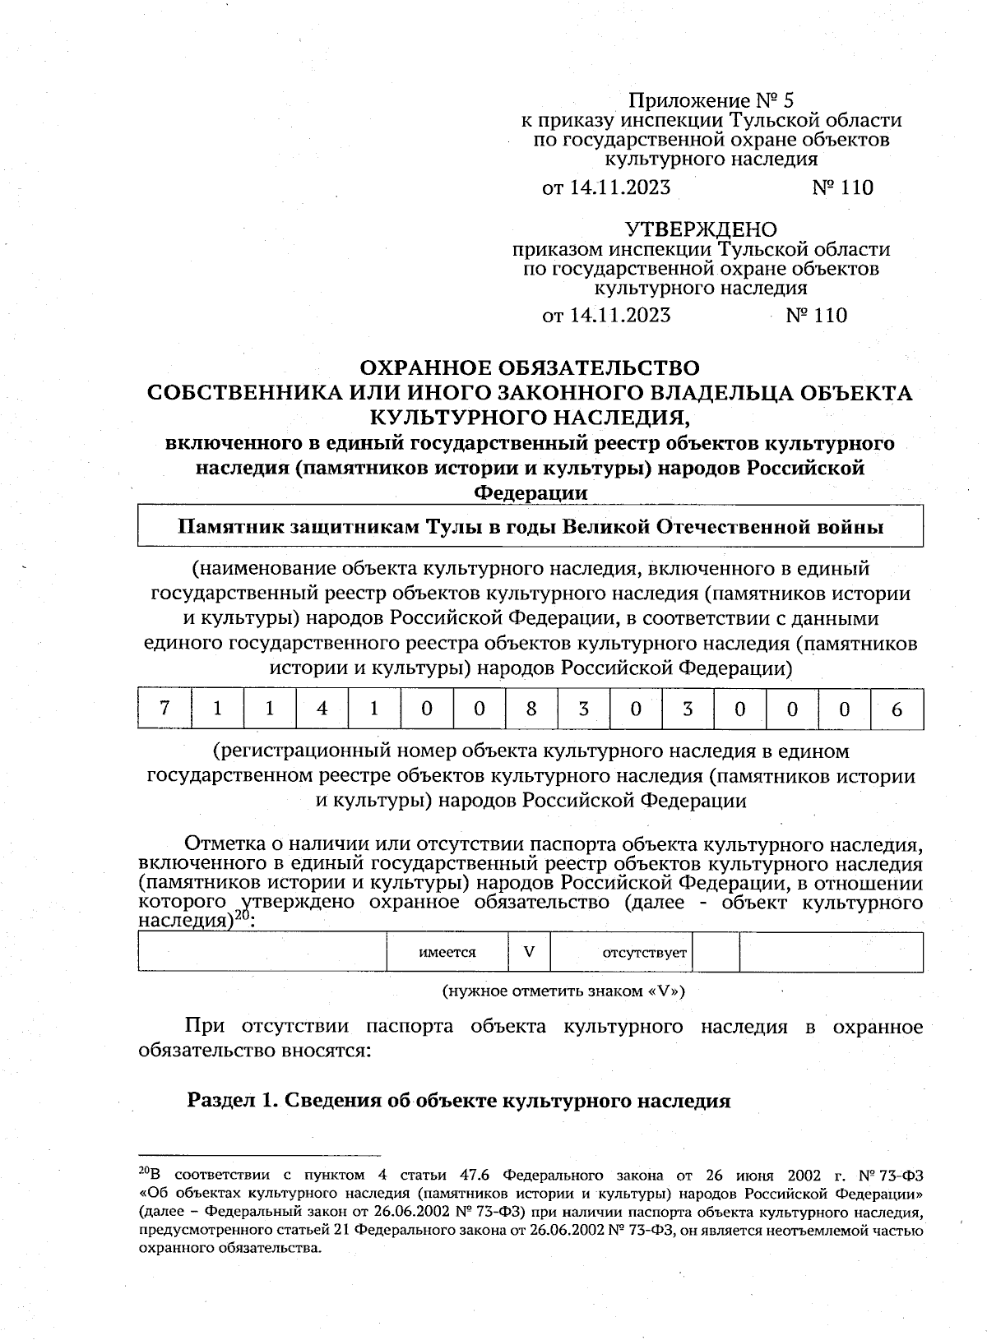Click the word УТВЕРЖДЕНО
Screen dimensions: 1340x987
701,229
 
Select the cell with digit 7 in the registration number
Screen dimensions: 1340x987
164,709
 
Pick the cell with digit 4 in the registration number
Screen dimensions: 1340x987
322,709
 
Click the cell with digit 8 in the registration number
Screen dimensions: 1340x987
531,709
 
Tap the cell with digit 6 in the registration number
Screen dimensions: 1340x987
897,709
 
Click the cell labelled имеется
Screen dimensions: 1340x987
447,952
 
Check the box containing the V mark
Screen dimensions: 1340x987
530,952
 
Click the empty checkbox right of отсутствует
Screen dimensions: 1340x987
716,952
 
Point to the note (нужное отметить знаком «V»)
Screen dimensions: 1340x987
563,991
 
